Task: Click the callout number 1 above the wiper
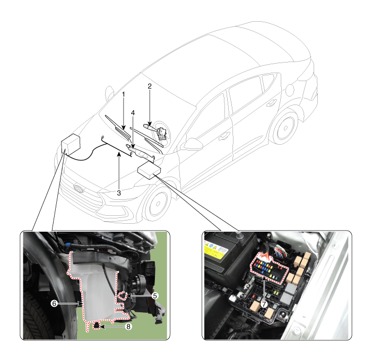123,94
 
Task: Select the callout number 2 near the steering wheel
150,86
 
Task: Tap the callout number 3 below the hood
119,193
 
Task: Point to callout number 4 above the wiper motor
133,113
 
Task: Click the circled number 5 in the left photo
154,295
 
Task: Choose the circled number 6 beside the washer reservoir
54,303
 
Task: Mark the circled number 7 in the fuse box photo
264,304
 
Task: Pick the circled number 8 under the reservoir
128,327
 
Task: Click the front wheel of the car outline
157,204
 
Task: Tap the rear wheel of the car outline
284,128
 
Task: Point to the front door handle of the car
224,136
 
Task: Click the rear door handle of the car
271,103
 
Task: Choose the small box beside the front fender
149,170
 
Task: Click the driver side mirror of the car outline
192,144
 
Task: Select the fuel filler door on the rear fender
290,90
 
